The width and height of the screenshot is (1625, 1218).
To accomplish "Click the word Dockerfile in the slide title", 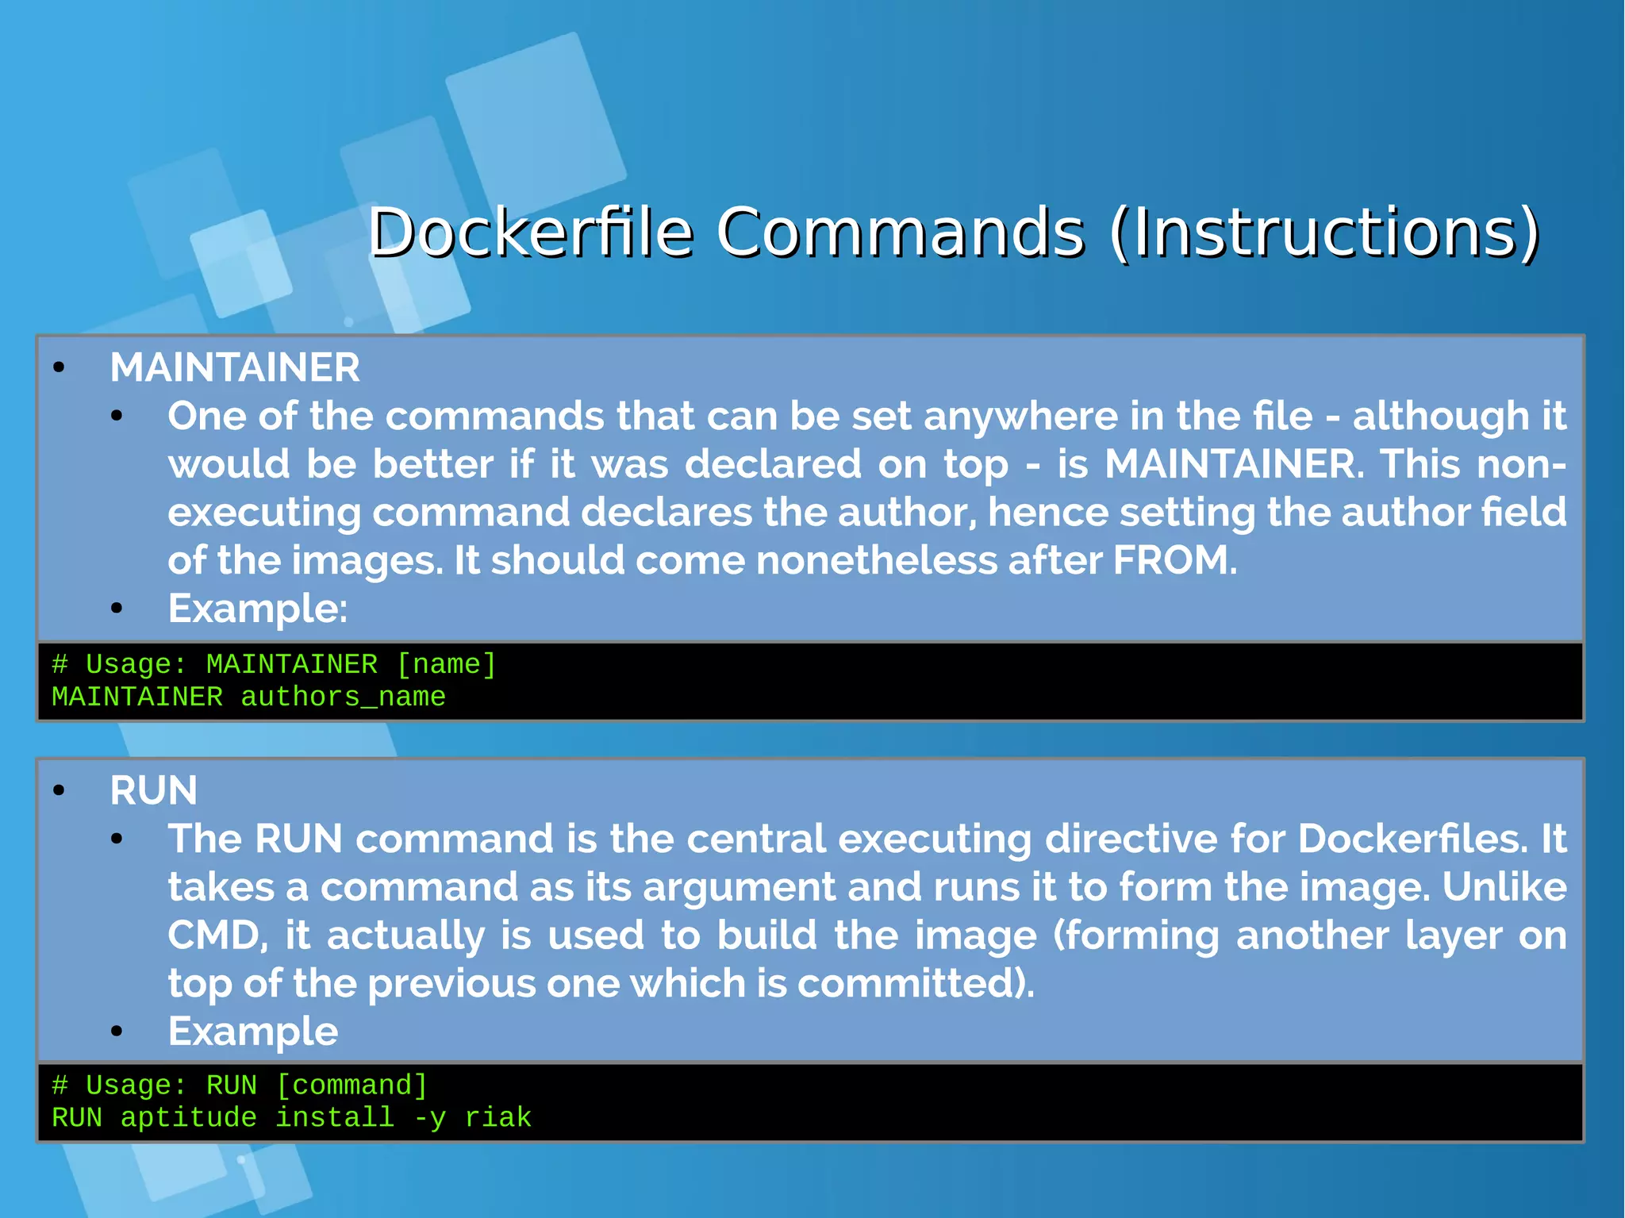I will pyautogui.click(x=530, y=232).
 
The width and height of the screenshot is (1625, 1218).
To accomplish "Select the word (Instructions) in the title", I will pyautogui.click(x=1324, y=232).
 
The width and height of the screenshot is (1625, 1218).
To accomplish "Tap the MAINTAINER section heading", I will pyautogui.click(x=235, y=367).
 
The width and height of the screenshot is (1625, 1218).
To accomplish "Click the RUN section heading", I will pyautogui.click(x=153, y=790).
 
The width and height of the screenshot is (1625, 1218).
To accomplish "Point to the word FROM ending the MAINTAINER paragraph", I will pyautogui.click(x=1173, y=560).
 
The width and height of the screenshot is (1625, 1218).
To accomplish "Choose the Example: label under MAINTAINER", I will pyautogui.click(x=257, y=609).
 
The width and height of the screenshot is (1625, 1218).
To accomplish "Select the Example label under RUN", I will pyautogui.click(x=252, y=1032).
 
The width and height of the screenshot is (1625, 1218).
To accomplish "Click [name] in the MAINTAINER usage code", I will pyautogui.click(x=446, y=664).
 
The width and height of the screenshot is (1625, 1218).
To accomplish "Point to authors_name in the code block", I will pyautogui.click(x=343, y=697).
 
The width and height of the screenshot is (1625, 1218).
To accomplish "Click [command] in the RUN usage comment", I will pyautogui.click(x=352, y=1085).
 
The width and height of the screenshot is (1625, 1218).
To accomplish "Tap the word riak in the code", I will pyautogui.click(x=497, y=1117).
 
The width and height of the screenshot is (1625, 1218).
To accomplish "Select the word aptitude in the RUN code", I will pyautogui.click(x=189, y=1117).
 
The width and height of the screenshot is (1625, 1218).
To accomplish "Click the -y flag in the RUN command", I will pyautogui.click(x=429, y=1117).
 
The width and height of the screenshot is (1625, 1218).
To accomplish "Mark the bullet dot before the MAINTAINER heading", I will pyautogui.click(x=59, y=367).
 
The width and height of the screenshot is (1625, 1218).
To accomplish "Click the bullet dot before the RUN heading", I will pyautogui.click(x=59, y=790).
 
